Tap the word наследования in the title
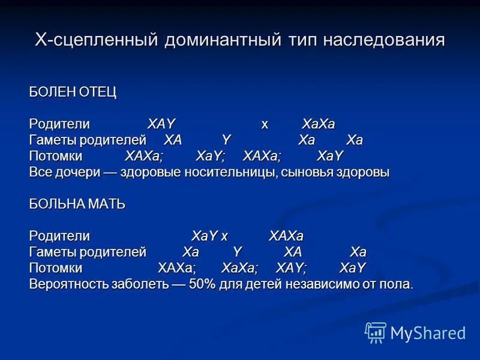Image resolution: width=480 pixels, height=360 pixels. (384, 41)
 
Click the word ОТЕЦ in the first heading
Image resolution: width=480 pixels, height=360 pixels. (97, 92)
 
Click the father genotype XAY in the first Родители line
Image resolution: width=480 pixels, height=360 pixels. (161, 124)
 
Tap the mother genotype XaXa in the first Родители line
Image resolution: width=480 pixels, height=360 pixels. (319, 124)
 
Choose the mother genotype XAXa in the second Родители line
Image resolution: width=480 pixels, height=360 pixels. (286, 236)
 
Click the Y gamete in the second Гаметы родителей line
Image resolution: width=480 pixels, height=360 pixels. (237, 252)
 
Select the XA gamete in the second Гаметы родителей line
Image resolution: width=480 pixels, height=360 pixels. (293, 252)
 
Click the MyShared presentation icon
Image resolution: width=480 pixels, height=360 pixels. (376, 332)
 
